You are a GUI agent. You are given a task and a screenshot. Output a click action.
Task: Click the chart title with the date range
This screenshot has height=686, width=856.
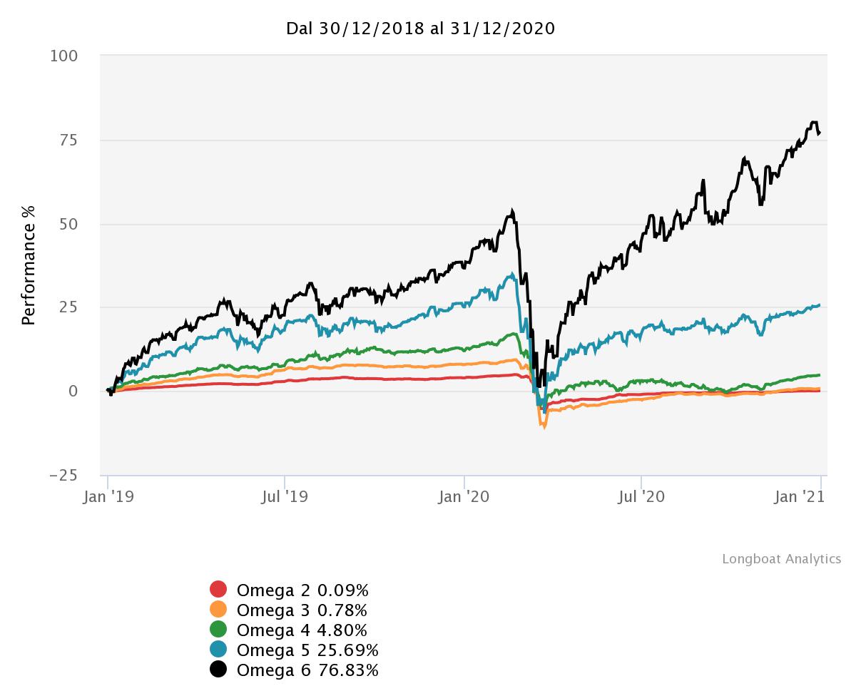tap(420, 29)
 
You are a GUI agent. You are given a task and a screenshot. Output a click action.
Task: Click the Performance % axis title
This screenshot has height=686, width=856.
tap(29, 265)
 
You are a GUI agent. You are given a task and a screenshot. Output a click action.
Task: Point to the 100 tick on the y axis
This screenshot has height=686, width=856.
tap(64, 56)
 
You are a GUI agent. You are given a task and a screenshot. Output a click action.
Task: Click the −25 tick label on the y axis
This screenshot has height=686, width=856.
tap(64, 475)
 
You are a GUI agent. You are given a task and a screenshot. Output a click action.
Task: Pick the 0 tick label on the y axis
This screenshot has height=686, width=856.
tap(73, 391)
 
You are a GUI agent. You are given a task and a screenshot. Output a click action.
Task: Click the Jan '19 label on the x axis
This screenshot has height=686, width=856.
tap(107, 496)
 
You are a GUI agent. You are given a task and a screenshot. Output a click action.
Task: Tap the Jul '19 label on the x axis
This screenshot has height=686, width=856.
tap(285, 496)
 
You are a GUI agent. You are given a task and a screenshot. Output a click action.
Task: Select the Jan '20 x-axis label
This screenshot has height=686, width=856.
tap(464, 496)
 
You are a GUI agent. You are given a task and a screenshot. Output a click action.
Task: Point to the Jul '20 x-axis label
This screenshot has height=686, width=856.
tap(641, 496)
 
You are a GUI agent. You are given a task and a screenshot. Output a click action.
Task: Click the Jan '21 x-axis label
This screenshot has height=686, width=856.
tap(800, 496)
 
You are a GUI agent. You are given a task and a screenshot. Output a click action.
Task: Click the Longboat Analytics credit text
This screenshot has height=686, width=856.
tap(781, 559)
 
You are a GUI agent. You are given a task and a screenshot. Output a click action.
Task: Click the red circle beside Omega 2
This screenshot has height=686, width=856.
tap(218, 590)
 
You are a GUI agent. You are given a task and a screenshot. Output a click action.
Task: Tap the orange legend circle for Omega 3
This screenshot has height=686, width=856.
tap(218, 610)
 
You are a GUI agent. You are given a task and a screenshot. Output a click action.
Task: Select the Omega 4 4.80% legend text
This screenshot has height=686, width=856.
tap(302, 630)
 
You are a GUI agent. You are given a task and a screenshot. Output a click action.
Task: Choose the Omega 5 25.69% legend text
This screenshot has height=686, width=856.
tap(307, 650)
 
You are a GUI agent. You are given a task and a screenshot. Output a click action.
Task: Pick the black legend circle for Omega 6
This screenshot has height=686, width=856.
tap(218, 670)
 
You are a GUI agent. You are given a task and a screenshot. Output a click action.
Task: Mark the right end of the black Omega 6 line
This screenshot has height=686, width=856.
tap(819, 133)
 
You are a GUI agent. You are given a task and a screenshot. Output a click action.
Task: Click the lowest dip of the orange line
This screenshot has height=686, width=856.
tap(544, 427)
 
